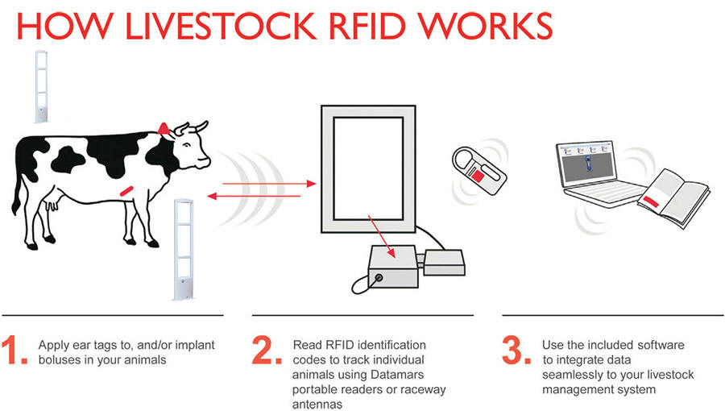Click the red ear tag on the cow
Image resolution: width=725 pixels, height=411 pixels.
tap(164, 129)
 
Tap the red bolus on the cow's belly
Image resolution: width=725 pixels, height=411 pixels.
tap(126, 190)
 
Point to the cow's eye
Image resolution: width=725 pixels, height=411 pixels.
tap(187, 145)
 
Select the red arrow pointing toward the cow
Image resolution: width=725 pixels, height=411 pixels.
tap(254, 196)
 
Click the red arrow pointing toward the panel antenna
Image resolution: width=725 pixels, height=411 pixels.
tap(269, 184)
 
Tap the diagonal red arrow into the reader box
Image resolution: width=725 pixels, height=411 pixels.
tap(382, 236)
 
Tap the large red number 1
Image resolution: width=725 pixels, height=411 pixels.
tap(13, 350)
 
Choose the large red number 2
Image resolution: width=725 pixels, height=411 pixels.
tap(267, 350)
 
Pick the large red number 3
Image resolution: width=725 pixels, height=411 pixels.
tap(517, 350)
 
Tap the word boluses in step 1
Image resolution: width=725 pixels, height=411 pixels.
tap(60, 359)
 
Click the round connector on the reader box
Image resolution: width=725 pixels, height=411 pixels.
tap(379, 278)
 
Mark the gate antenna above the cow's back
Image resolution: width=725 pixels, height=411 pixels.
tap(42, 87)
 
